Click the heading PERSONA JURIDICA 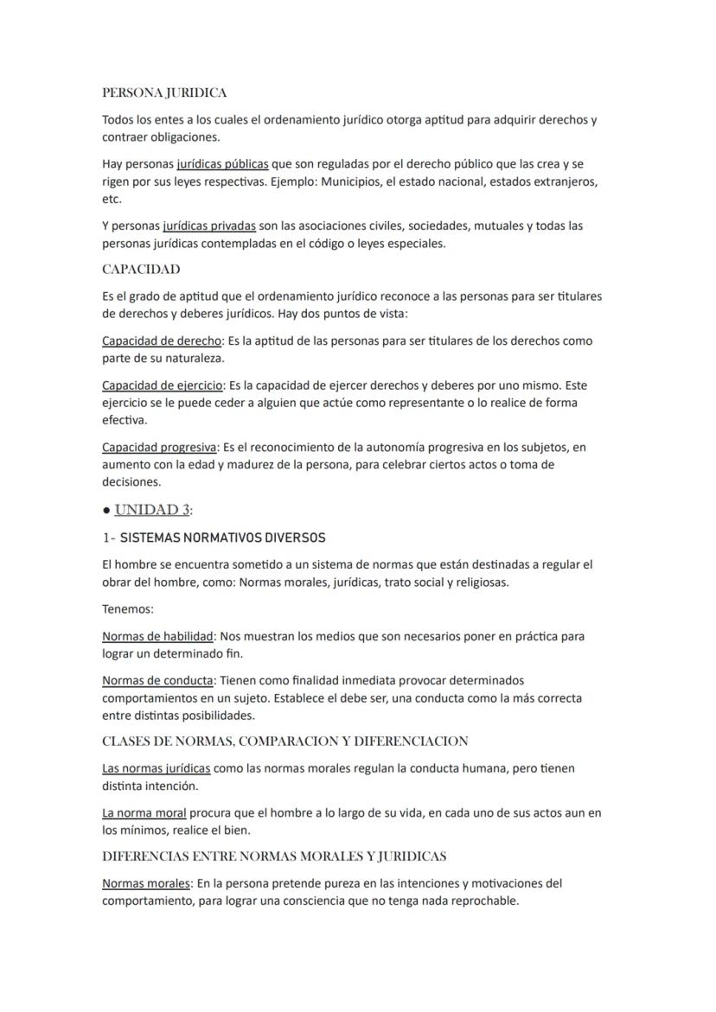click(x=164, y=92)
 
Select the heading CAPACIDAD click(x=141, y=269)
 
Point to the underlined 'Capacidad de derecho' click(x=162, y=341)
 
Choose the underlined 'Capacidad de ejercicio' click(x=163, y=385)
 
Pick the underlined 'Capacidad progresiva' click(x=159, y=448)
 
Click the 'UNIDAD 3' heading click(x=152, y=509)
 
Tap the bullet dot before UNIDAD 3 click(x=105, y=510)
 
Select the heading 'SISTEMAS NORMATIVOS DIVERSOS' click(x=222, y=538)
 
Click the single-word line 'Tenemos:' click(x=127, y=609)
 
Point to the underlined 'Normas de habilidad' click(x=157, y=636)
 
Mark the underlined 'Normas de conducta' click(x=157, y=680)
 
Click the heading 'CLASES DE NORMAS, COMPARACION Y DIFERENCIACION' click(x=285, y=741)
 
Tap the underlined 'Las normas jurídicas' click(x=156, y=768)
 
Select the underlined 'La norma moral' click(x=144, y=812)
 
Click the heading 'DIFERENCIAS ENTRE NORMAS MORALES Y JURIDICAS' click(x=274, y=856)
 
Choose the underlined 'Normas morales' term click(x=145, y=883)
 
